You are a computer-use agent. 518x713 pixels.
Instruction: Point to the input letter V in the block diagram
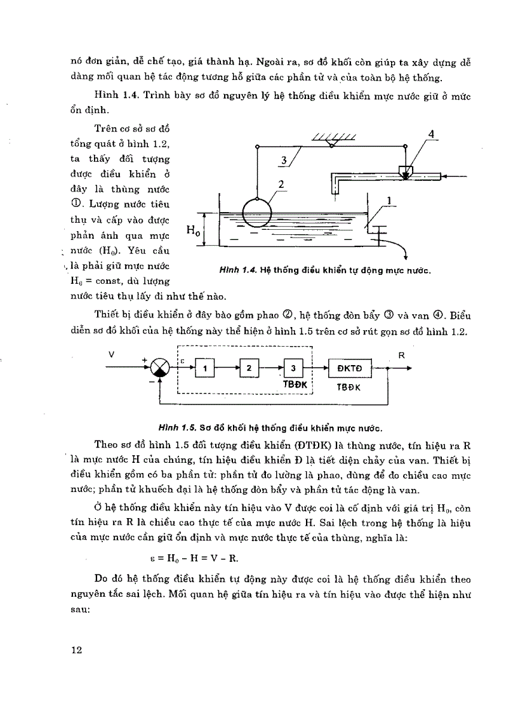111,354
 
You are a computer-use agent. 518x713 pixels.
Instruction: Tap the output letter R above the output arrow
401,355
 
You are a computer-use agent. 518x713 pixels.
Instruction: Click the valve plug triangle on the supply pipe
405,173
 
